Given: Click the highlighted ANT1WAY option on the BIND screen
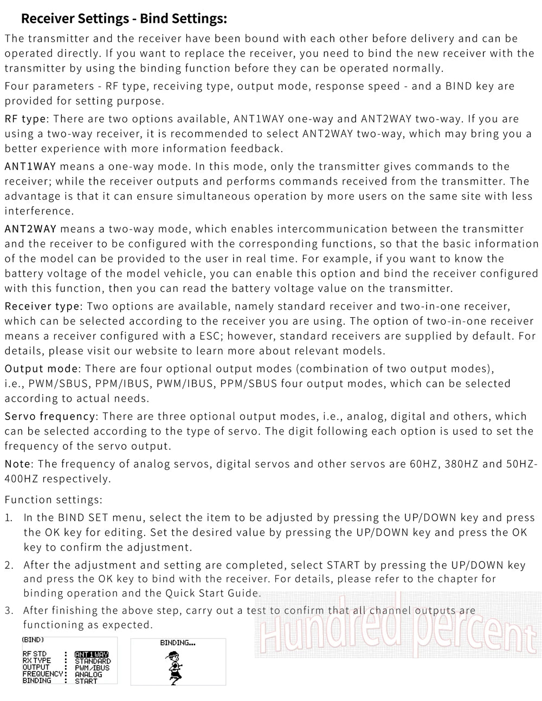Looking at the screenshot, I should click(x=92, y=654).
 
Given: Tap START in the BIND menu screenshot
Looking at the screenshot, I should click(x=86, y=681).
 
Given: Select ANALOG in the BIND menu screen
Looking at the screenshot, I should click(x=88, y=674).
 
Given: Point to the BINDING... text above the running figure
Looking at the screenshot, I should click(x=178, y=643).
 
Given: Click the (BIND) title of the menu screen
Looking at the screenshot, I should click(x=33, y=639).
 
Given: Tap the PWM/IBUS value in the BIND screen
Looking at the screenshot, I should click(x=92, y=668).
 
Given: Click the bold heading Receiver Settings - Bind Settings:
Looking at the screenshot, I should click(x=124, y=19).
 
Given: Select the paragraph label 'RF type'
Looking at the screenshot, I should click(x=26, y=119).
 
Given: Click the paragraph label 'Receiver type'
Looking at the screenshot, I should click(x=42, y=307).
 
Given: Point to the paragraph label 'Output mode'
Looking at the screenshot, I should click(x=42, y=369).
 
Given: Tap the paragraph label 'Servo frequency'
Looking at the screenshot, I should click(x=50, y=417).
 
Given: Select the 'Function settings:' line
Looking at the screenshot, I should click(x=53, y=500).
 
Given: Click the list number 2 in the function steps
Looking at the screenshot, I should click(x=9, y=566).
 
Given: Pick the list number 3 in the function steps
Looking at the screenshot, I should click(x=9, y=611).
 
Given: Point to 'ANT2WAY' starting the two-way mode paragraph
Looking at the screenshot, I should click(x=30, y=229).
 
